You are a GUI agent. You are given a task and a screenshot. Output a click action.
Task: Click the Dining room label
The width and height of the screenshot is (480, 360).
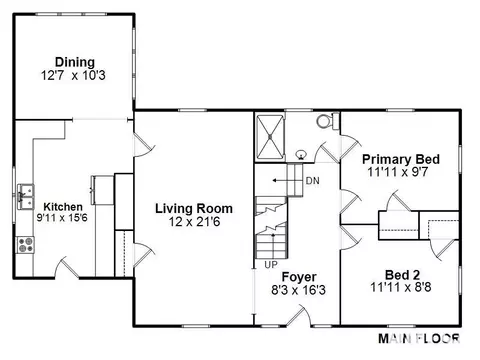click(75, 62)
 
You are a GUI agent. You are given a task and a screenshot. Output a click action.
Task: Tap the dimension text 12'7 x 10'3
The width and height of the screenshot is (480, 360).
click(73, 75)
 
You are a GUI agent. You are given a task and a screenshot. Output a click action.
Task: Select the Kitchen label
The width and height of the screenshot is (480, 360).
click(63, 207)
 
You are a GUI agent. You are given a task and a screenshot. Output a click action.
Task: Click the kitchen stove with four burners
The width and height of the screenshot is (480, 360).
click(26, 245)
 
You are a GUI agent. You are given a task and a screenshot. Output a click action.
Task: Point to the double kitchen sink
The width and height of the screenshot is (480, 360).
click(26, 196)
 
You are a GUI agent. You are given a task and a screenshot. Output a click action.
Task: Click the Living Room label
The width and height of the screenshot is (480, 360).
click(194, 209)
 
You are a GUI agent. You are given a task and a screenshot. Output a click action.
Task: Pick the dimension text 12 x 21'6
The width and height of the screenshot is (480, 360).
click(194, 222)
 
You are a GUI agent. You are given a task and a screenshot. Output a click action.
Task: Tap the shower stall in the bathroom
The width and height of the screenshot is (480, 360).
click(270, 137)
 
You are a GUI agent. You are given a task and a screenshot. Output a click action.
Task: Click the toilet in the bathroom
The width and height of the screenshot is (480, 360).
click(327, 121)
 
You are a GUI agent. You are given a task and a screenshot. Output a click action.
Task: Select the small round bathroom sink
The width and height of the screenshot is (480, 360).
click(301, 155)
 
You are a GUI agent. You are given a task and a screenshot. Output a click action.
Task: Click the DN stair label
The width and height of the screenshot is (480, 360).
click(313, 181)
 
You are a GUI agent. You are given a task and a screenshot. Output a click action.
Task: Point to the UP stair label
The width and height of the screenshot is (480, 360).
click(271, 265)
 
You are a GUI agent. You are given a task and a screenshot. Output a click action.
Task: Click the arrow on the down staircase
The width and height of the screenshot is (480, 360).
click(280, 181)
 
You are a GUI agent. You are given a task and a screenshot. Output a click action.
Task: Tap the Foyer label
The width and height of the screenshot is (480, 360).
click(299, 277)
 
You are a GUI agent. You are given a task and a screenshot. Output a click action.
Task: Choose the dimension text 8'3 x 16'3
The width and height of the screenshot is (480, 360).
click(298, 290)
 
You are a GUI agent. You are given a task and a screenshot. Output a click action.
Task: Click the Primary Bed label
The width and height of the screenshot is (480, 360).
click(401, 159)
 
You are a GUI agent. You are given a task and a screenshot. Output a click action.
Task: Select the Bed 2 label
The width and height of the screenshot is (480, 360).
click(402, 275)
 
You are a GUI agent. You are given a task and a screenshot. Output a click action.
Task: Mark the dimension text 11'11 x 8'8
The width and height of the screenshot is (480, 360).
click(401, 287)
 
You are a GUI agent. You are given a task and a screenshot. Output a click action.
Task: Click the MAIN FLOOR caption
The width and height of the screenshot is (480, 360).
click(419, 339)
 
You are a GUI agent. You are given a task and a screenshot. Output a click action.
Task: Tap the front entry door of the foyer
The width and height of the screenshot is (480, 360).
click(299, 314)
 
